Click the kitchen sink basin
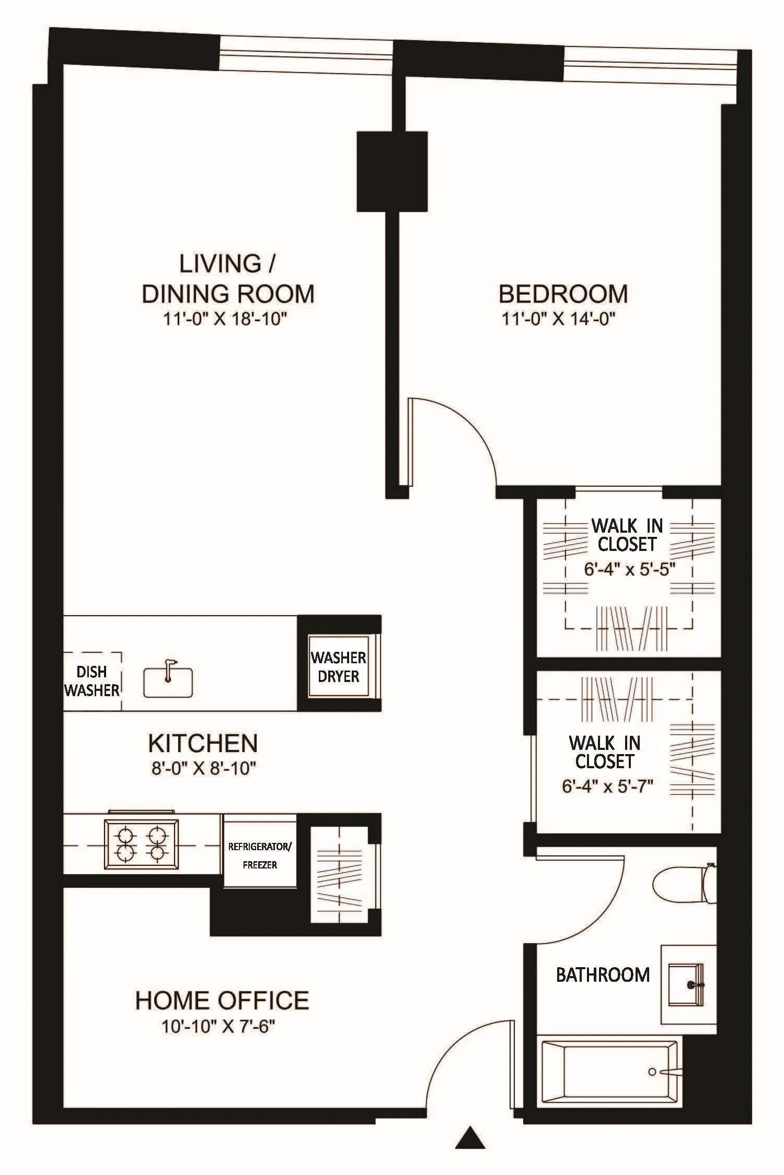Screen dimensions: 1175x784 tap(168, 682)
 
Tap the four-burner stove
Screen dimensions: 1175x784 tap(141, 844)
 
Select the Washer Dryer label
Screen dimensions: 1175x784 tap(338, 667)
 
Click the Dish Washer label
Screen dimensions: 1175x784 tap(92, 681)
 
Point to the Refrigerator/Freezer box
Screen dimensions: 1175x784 tap(260, 855)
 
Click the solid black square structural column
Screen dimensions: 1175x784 tap(392, 171)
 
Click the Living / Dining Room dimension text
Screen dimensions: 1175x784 tap(226, 319)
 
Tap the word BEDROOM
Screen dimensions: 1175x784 tap(563, 294)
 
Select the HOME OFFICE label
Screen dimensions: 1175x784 tap(222, 1001)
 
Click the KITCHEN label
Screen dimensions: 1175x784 tap(203, 743)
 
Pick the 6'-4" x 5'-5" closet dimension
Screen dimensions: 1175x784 tap(629, 569)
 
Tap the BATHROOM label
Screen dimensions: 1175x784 tap(603, 974)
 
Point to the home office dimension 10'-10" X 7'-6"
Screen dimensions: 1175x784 tap(218, 1027)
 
